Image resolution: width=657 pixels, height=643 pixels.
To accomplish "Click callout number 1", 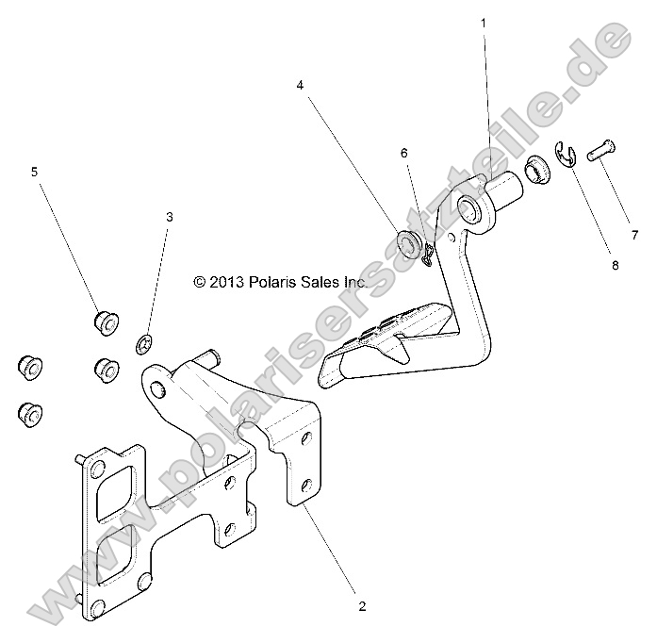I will pyautogui.click(x=485, y=21).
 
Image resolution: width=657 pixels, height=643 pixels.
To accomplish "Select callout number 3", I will pyautogui.click(x=170, y=217).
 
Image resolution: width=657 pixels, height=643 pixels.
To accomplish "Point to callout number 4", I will pyautogui.click(x=300, y=85).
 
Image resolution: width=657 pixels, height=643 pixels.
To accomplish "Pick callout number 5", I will pyautogui.click(x=35, y=172).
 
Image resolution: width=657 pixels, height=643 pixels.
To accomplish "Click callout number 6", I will pyautogui.click(x=403, y=152).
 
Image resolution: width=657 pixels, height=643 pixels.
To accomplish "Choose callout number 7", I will pyautogui.click(x=634, y=234).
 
